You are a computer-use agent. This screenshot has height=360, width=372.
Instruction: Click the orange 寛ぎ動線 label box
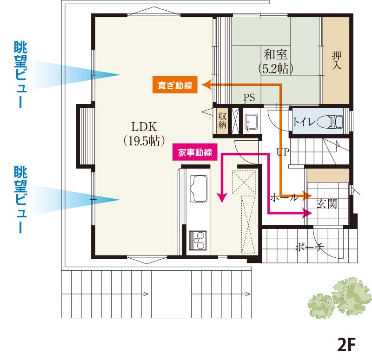tap(175, 85)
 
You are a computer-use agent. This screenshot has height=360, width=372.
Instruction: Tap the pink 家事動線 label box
tap(195, 152)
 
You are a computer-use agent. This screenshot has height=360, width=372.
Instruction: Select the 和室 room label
tap(275, 54)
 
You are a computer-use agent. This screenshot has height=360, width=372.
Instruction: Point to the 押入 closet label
tap(336, 60)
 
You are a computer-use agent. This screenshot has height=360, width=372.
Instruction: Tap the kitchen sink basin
tap(199, 188)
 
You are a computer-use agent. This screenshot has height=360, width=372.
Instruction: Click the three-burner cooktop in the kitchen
tap(198, 240)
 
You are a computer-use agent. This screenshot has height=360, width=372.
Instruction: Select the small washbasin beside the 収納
tap(251, 122)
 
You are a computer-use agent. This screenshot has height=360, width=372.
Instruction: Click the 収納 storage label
tap(222, 120)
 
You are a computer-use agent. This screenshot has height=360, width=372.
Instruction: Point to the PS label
tap(249, 98)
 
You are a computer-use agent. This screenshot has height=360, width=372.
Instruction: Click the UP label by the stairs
tap(283, 152)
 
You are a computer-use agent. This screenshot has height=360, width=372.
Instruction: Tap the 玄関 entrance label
tap(327, 203)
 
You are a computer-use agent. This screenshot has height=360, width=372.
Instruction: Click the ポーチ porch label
tap(309, 247)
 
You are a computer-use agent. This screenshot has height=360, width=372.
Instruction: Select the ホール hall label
tap(284, 197)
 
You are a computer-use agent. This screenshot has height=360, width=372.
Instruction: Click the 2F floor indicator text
tap(346, 344)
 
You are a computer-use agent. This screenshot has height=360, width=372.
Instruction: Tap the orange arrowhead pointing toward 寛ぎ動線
tap(206, 85)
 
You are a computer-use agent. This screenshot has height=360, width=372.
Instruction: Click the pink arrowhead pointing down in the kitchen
tap(222, 198)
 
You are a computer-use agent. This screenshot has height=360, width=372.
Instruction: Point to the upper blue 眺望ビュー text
tap(20, 74)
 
